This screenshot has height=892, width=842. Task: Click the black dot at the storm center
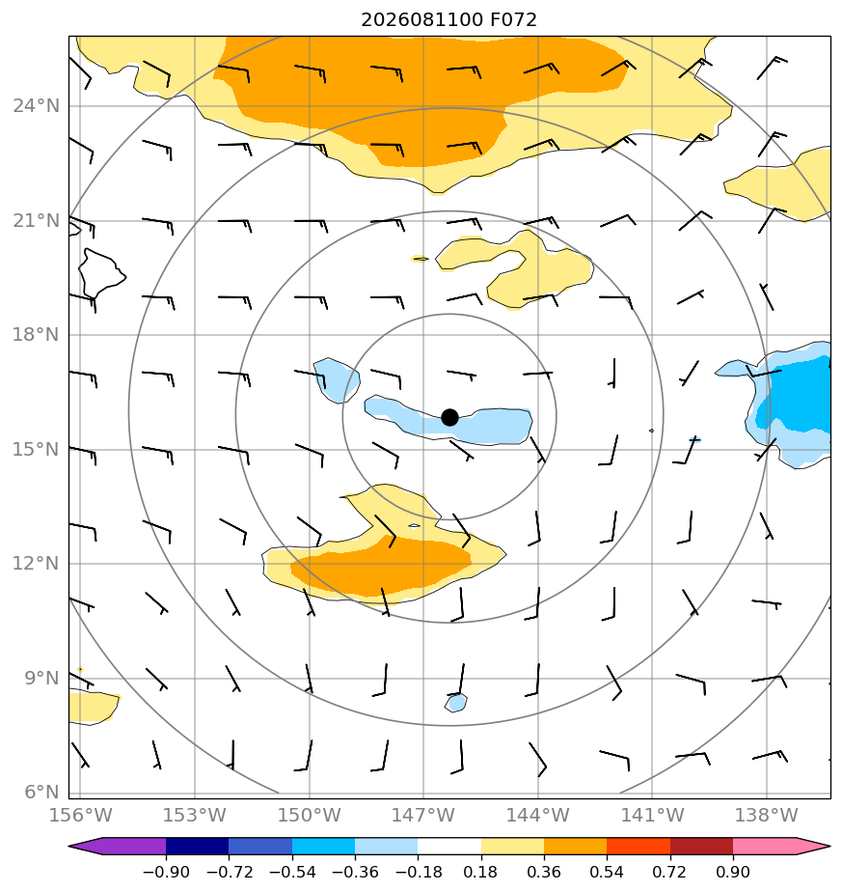click(449, 418)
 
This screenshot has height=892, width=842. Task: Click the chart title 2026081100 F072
click(448, 20)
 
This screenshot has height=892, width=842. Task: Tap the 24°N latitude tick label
click(36, 106)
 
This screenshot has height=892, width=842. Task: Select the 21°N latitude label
click(36, 221)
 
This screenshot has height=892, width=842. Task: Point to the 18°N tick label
click(36, 334)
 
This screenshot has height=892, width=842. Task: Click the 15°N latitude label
click(36, 450)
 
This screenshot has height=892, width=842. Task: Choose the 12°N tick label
click(36, 564)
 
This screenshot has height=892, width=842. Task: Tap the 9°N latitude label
click(41, 678)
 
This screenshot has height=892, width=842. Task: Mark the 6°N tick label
click(41, 792)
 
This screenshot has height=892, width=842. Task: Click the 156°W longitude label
click(81, 815)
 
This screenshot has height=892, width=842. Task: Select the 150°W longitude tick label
click(310, 815)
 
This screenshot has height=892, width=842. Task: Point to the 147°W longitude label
click(423, 815)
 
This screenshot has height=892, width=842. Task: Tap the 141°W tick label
click(652, 815)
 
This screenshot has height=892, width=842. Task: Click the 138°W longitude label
click(767, 815)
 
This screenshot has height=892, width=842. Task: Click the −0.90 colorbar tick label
click(166, 872)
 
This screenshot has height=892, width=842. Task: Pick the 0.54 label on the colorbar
click(607, 872)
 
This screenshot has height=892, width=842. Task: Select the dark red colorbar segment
click(701, 846)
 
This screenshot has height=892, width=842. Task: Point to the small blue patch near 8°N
click(456, 703)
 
